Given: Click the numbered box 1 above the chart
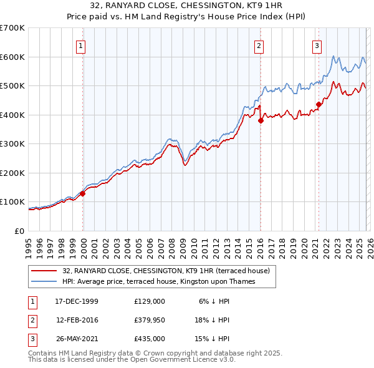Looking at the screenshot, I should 82,45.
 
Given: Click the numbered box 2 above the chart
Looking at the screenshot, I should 259,45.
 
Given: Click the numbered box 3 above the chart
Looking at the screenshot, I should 317,45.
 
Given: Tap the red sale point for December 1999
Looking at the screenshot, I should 83,193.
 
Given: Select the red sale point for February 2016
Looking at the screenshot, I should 261,121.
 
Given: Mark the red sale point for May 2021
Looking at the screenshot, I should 319,105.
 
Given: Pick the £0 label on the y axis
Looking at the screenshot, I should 19,231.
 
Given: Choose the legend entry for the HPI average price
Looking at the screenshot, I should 167,282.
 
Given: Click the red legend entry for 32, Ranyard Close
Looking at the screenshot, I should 165,271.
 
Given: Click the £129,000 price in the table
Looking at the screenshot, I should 149,301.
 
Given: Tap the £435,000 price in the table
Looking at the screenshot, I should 149,339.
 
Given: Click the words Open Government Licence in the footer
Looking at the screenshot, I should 180,360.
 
